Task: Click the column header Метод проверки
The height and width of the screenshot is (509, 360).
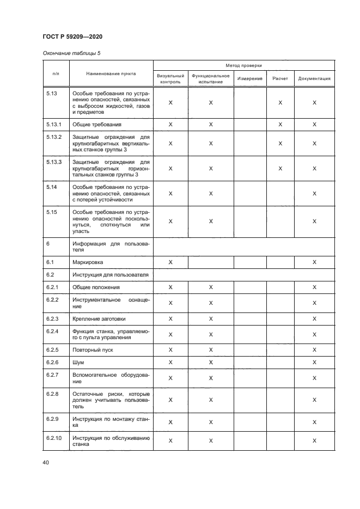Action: point(244,65)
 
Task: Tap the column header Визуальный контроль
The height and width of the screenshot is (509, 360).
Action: point(170,78)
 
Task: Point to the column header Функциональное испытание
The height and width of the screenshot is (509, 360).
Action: point(211,78)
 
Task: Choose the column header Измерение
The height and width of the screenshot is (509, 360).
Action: point(250,79)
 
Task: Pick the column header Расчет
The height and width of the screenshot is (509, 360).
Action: point(280,79)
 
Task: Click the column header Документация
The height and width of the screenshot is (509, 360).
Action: point(314,79)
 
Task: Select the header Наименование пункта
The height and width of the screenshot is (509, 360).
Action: point(111,73)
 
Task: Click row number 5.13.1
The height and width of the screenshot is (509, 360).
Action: point(54,124)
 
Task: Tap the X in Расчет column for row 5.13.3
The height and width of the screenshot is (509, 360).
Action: point(280,169)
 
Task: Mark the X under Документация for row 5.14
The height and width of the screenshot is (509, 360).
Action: point(314,193)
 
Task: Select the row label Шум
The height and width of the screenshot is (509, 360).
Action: point(78,362)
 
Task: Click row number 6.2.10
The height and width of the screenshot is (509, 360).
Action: point(56,438)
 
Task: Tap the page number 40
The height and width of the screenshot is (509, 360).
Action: point(46,463)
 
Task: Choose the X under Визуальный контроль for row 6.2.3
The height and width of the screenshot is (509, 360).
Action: point(170,319)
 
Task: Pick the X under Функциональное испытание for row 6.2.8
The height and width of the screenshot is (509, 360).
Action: point(211,400)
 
